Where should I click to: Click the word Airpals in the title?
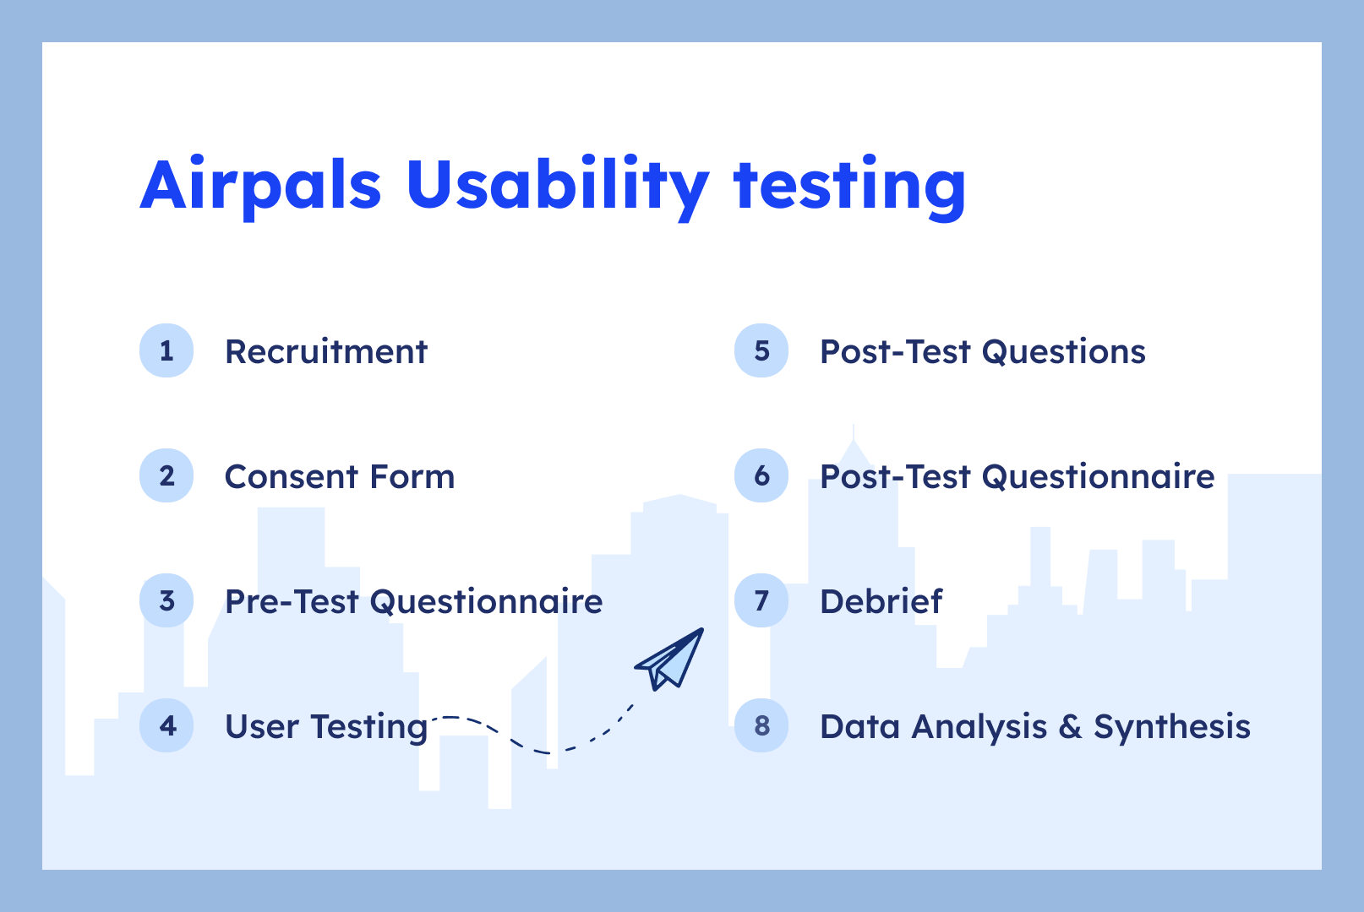260,184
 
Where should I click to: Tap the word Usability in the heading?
557,184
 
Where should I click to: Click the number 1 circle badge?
166,350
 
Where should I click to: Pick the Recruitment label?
326,351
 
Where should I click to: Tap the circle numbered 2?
166,475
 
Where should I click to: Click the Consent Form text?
340,476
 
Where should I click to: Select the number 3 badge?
166,600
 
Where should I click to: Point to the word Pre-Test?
292,601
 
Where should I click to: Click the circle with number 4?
166,725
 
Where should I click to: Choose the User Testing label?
326,726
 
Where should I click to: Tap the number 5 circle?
761,350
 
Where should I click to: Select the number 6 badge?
761,475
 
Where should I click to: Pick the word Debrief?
881,601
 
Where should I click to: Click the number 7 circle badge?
761,600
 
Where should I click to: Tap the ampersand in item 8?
1070,726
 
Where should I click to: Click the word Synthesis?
1171,726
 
